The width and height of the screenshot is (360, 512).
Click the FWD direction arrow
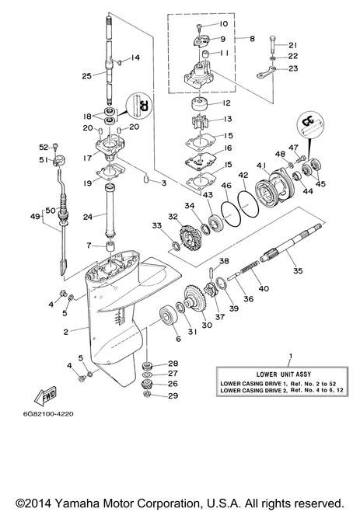click(x=45, y=395)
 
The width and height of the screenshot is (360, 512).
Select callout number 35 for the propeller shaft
click(x=298, y=270)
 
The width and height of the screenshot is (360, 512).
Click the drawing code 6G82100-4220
click(x=48, y=413)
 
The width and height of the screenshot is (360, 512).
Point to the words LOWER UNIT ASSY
click(x=283, y=374)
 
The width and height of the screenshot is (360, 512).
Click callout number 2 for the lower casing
click(x=66, y=332)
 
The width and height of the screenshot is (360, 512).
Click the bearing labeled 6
click(x=169, y=315)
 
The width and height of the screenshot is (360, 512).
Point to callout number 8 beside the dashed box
click(x=252, y=39)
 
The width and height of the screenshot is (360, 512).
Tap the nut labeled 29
click(x=148, y=395)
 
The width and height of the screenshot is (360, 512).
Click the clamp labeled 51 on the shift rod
click(x=57, y=161)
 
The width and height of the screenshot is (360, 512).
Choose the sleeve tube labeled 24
click(x=110, y=211)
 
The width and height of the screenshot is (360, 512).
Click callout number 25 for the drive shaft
click(x=86, y=76)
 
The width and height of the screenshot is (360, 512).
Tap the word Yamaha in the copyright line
click(x=74, y=503)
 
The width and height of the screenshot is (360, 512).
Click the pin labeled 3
click(x=146, y=179)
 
